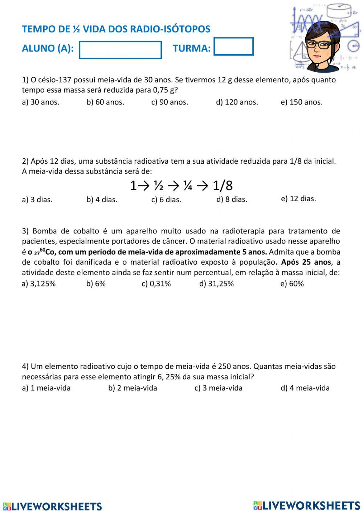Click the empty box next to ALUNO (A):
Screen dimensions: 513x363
(120, 50)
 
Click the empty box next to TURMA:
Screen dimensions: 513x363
(233, 46)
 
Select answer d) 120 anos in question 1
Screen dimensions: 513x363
(237, 102)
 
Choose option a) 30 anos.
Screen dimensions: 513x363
(40, 102)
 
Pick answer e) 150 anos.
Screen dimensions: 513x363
(301, 102)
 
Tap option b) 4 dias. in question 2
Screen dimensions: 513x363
(102, 199)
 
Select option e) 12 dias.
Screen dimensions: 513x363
(298, 199)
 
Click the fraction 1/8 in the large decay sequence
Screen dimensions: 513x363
(222, 186)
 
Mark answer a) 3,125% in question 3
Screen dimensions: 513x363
(38, 284)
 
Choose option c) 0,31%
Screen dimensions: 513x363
(156, 284)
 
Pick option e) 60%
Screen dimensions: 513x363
(292, 284)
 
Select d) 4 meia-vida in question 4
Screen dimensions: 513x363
(305, 388)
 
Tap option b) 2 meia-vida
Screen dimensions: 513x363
(132, 388)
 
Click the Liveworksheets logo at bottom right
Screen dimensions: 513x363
(307, 505)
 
